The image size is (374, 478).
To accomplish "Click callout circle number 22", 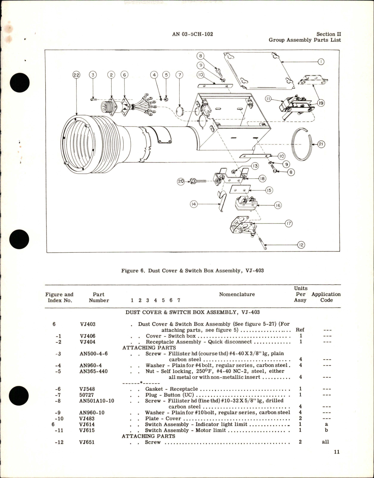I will [x=77, y=75].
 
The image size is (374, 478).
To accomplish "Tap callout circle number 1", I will [x=320, y=62].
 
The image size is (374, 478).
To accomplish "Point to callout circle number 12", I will [x=301, y=245].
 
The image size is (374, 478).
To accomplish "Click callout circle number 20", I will [x=181, y=181].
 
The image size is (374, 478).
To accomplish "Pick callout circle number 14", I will [x=194, y=204].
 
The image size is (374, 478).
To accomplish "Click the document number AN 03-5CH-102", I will [x=192, y=34].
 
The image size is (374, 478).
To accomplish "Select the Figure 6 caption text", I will [x=192, y=271].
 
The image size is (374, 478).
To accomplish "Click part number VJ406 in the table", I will [x=88, y=336].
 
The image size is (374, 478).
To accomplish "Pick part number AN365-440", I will [x=94, y=371].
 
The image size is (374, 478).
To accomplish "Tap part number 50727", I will [x=87, y=395].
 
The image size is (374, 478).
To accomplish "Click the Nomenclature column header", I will [x=237, y=294].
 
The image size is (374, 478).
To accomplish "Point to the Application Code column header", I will [x=326, y=297].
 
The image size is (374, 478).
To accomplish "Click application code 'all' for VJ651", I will [x=325, y=442].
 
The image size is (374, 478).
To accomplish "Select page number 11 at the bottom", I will [x=336, y=452].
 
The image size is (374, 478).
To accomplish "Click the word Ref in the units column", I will [x=300, y=330].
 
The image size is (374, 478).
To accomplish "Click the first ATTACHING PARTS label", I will [x=149, y=347].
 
